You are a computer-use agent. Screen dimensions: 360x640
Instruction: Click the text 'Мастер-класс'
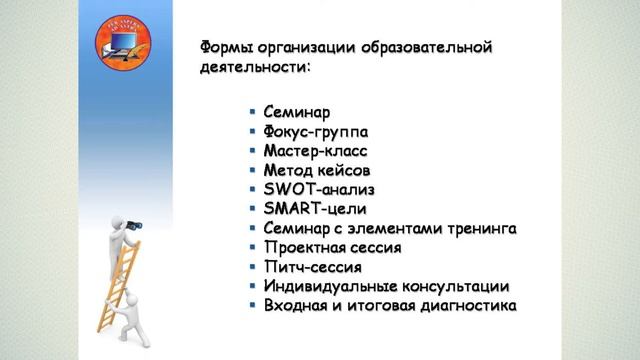point(316,151)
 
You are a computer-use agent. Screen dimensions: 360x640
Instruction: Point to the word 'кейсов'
point(345,171)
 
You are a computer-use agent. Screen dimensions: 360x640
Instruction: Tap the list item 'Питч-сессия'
point(312,267)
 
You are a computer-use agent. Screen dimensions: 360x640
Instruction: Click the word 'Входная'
point(299,306)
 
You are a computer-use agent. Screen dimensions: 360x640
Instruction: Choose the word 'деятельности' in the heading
point(249,69)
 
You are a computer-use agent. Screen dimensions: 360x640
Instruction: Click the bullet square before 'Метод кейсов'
point(254,171)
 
